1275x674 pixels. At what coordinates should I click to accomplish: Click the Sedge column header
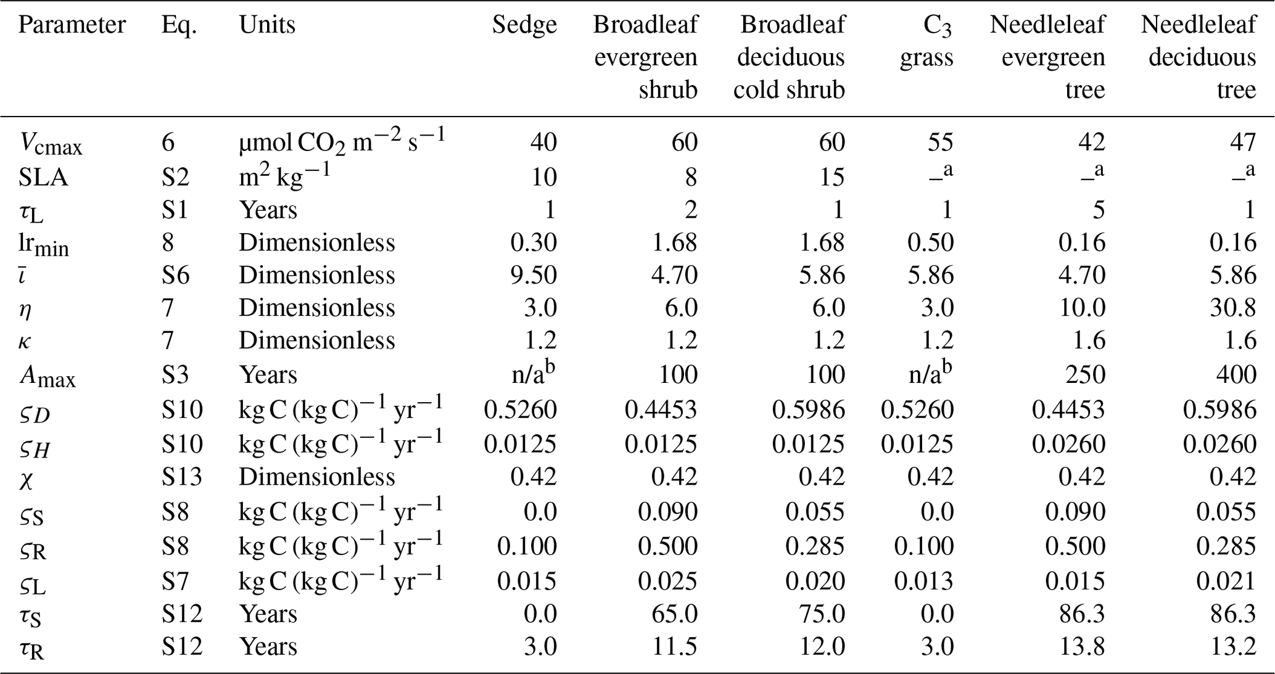pos(524,25)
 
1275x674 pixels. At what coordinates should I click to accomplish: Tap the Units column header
pos(267,25)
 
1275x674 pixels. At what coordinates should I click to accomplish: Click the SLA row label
pos(43,178)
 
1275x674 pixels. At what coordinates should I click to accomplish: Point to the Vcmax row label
pos(50,144)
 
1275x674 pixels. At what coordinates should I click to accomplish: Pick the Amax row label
pos(47,376)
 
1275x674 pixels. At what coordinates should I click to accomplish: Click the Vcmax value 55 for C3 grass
pos(938,142)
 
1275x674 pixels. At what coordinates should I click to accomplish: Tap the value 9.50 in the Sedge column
pos(534,275)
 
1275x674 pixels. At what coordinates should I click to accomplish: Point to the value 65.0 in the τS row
pos(674,614)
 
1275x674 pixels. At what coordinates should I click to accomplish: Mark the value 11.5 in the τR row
pos(674,647)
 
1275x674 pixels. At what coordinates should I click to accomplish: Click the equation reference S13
pos(182,477)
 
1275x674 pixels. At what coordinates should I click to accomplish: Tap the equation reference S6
pos(176,275)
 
